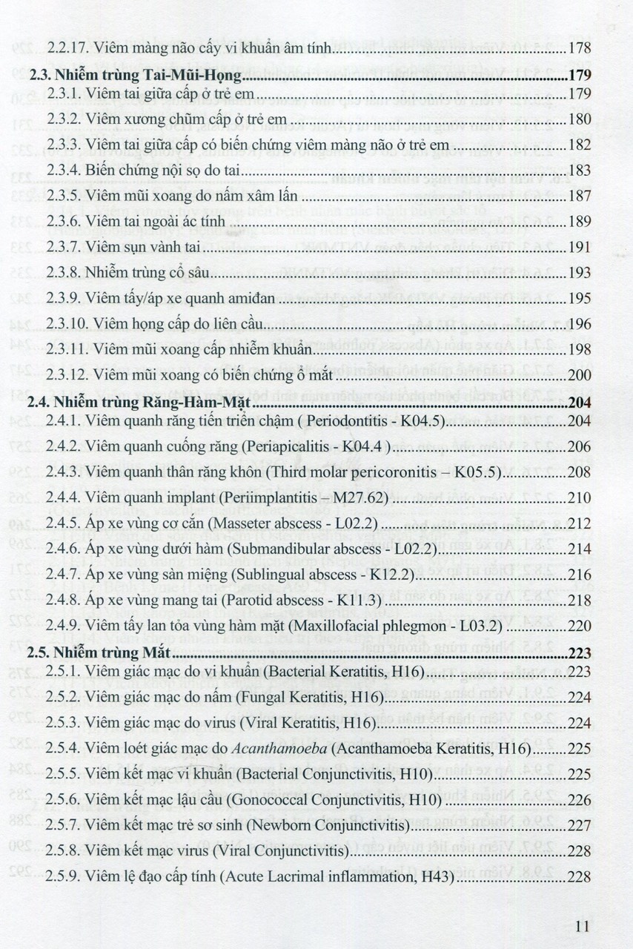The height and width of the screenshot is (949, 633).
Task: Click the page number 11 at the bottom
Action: coord(581,925)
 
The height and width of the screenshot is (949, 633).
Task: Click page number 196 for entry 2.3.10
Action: coord(579,324)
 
